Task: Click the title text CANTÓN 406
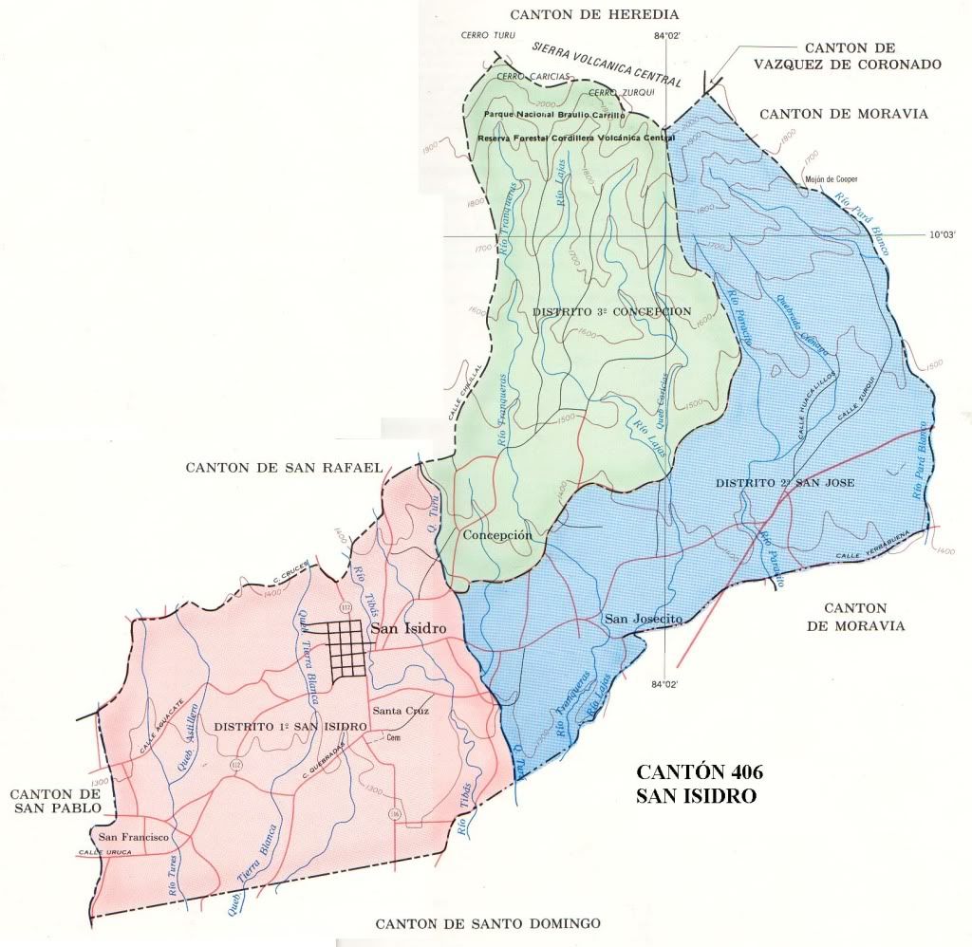tap(696, 771)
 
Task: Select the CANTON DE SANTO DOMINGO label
tap(488, 923)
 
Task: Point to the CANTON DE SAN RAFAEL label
tap(283, 467)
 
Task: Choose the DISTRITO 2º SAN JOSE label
tap(785, 483)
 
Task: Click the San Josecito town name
tap(644, 619)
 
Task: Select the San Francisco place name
tap(133, 837)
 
